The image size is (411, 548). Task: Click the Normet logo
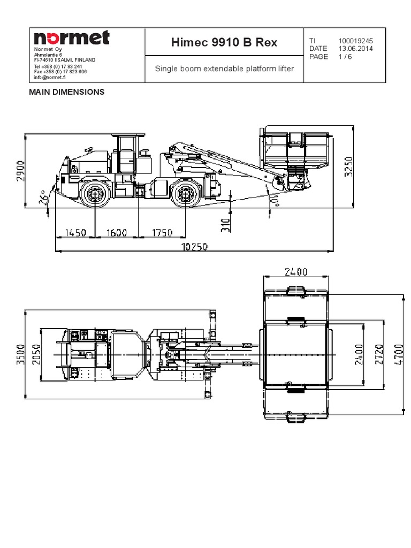tap(72, 37)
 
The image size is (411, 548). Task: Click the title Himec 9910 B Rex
tap(224, 42)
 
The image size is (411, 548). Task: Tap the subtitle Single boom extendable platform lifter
tap(224, 68)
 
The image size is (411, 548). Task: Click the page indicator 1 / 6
tap(346, 56)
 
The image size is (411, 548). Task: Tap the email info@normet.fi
tap(53, 77)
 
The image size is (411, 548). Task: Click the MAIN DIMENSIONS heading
tap(66, 92)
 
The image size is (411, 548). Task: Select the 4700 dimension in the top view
tap(398, 355)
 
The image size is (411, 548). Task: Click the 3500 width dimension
tap(20, 354)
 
